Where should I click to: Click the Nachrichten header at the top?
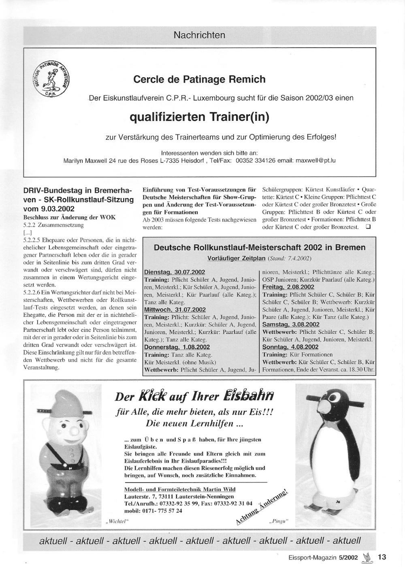click(199, 35)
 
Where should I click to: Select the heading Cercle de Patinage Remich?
click(199, 79)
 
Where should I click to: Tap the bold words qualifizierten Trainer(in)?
click(199, 117)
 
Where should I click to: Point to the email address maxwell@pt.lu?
click(315, 160)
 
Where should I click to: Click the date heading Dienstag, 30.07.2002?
click(175, 272)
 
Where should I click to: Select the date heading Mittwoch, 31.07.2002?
click(175, 309)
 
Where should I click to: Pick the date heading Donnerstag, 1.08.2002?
click(177, 347)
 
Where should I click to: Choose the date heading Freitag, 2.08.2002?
click(288, 287)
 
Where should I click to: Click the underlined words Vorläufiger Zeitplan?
click(236, 258)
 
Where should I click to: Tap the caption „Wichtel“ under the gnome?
click(117, 521)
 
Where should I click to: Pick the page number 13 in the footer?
click(382, 557)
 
